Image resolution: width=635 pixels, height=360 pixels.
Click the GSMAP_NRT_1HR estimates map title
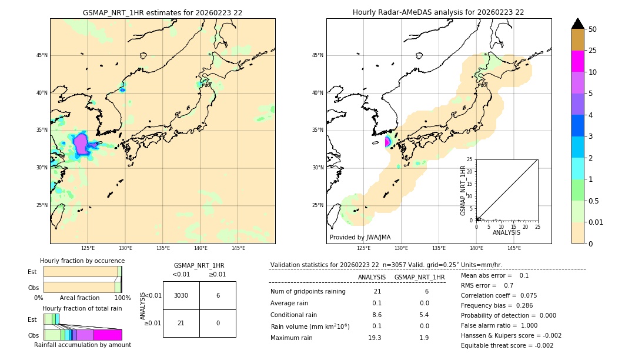[x=162, y=12]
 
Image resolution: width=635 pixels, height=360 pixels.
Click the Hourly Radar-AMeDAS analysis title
[x=438, y=12]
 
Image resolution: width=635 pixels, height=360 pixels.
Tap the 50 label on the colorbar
[x=593, y=29]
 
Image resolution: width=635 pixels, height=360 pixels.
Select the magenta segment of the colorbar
[x=577, y=61]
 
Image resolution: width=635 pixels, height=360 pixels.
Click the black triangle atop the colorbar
[x=577, y=24]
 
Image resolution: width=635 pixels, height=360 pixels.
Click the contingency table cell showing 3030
[x=181, y=295]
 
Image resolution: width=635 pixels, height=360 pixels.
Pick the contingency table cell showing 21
[x=181, y=323]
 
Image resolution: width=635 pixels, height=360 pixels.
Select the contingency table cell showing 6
[x=218, y=295]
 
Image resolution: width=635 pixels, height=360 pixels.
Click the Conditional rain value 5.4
[x=424, y=315]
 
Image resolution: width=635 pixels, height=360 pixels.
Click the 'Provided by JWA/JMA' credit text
[x=360, y=237]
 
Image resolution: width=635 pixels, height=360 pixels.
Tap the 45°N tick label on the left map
[x=42, y=55]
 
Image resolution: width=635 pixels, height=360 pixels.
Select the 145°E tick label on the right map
[x=514, y=248]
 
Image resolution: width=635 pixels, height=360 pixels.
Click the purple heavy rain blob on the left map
[x=81, y=143]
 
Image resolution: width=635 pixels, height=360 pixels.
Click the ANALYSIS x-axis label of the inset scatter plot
[x=506, y=232]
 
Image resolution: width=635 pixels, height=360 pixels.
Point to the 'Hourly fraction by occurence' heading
[x=82, y=261]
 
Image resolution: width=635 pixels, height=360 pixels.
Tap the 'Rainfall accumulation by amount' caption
[x=82, y=345]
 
